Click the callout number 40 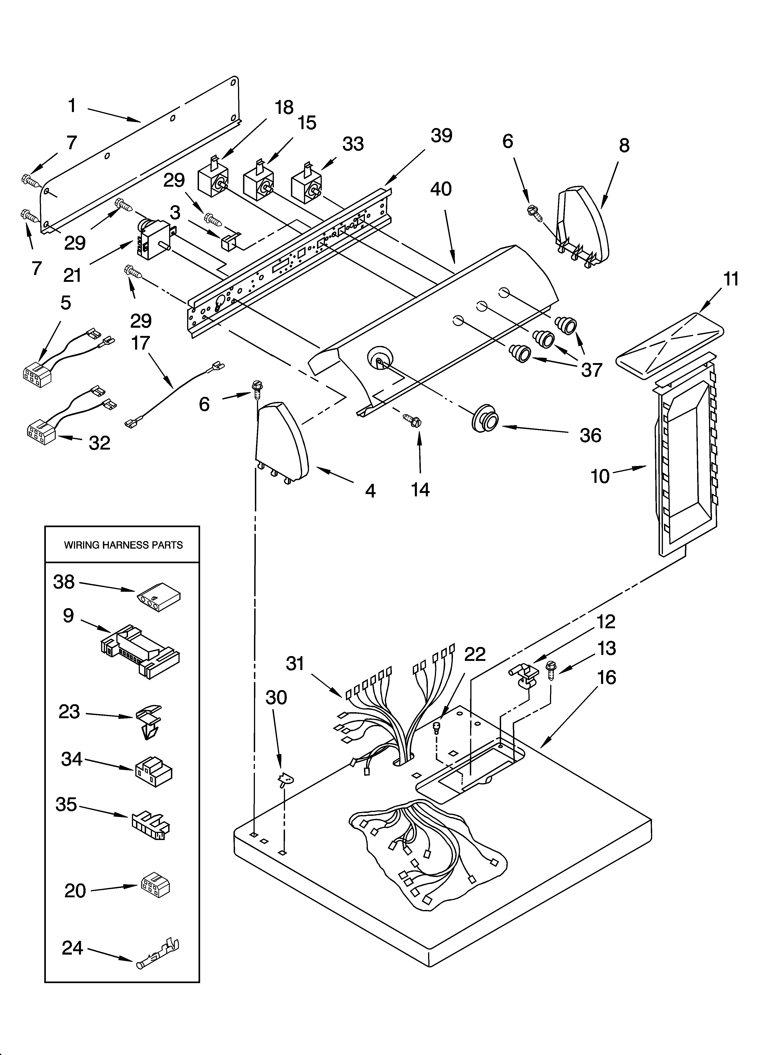click(441, 189)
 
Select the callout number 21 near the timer click(73, 275)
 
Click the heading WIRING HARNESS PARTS click(123, 545)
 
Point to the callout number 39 click(441, 136)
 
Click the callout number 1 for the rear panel click(72, 106)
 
